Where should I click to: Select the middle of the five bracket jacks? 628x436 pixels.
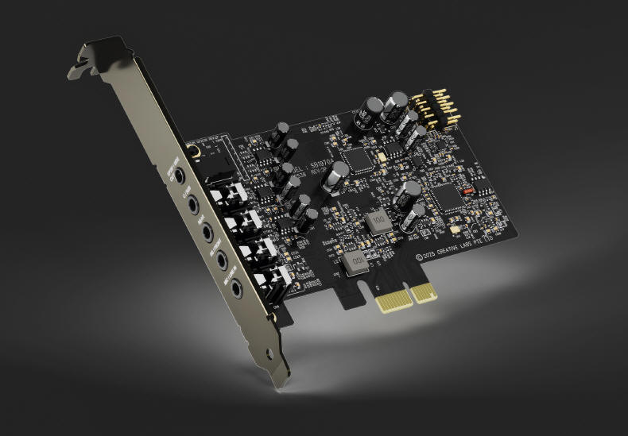pyautogui.click(x=206, y=232)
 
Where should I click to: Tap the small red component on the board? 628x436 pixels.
pyautogui.click(x=469, y=191)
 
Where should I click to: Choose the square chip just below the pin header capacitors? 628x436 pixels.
pyautogui.click(x=362, y=158)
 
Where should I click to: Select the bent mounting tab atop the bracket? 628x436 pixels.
pyautogui.click(x=87, y=56)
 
